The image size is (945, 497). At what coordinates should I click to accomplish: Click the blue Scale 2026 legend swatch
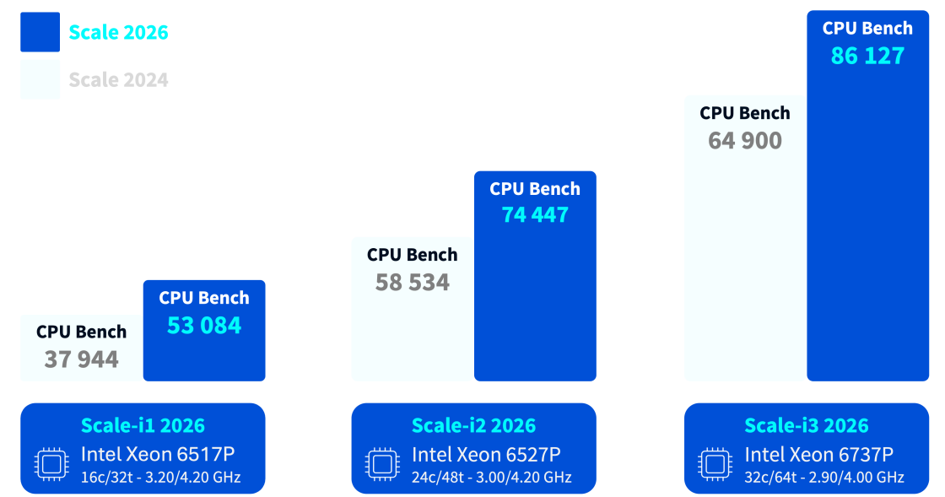click(40, 32)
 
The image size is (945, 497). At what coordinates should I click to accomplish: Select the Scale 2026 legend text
click(118, 33)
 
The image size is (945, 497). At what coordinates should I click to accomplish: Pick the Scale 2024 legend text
click(118, 80)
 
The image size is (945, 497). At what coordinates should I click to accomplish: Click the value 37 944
click(82, 360)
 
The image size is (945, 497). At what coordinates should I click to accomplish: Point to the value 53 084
click(204, 326)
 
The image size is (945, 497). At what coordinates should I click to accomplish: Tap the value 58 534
click(413, 283)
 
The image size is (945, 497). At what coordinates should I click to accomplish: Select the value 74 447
click(535, 215)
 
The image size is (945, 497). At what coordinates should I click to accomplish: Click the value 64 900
click(745, 141)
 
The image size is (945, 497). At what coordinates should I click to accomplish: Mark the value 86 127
click(867, 57)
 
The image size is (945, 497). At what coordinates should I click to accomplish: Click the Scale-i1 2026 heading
click(143, 426)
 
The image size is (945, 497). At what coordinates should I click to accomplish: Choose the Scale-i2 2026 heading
click(473, 426)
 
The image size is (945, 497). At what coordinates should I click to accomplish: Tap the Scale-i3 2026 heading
click(807, 426)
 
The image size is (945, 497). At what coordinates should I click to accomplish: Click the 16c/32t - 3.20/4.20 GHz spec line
click(160, 478)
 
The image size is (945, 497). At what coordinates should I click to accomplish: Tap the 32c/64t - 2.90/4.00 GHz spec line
click(824, 478)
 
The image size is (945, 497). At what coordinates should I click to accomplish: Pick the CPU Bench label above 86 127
click(867, 29)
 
